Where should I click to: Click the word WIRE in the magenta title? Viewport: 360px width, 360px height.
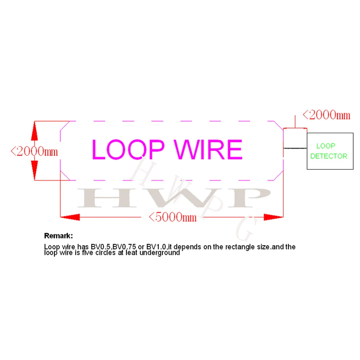click(x=209, y=149)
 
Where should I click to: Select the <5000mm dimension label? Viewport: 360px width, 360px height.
click(x=172, y=217)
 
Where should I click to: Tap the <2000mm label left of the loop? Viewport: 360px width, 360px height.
click(x=34, y=151)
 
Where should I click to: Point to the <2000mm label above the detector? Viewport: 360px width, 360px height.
click(x=326, y=115)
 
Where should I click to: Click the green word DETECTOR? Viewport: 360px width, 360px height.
click(x=329, y=156)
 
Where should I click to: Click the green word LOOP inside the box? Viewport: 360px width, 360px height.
click(x=326, y=146)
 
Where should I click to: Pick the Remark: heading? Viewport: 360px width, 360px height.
click(x=58, y=236)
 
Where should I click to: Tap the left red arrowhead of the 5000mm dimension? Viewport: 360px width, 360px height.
click(x=70, y=217)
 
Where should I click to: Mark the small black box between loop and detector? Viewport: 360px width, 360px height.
click(x=295, y=138)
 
